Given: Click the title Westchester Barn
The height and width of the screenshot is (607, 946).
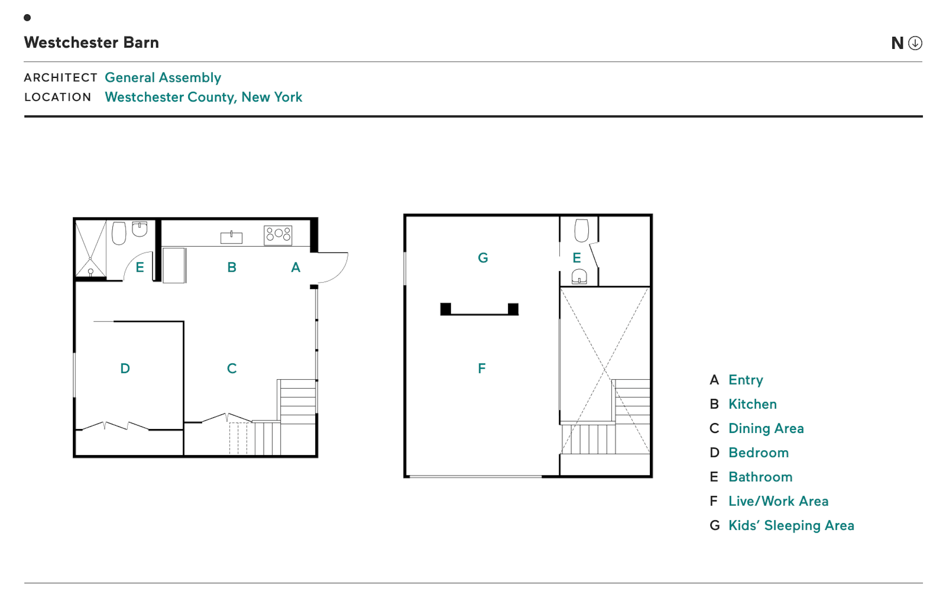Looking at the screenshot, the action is tap(91, 42).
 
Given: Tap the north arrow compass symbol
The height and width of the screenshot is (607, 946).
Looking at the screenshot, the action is tap(915, 43).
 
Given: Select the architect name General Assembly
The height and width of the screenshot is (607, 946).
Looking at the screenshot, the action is tap(163, 77).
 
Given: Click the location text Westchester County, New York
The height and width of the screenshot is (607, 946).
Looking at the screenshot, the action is tap(203, 97).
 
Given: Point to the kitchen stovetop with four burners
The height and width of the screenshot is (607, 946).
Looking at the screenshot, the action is tap(278, 235).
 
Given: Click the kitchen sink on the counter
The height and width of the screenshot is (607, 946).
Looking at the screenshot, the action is tap(231, 238).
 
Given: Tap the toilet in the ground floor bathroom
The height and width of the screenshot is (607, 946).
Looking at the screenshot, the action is tap(119, 233).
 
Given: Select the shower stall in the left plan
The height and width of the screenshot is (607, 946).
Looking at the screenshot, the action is tap(91, 249).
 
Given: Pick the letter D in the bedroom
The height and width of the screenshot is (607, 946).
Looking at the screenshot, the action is tap(125, 368).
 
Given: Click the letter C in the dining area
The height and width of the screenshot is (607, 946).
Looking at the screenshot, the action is tap(232, 368).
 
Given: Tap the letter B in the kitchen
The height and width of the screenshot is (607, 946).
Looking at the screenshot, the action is tap(232, 267).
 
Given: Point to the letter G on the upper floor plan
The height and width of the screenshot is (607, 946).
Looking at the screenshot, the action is tap(483, 257).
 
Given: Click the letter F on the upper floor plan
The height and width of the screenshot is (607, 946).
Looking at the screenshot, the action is tap(482, 368).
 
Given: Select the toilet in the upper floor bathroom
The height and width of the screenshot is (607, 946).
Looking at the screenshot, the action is tap(581, 230).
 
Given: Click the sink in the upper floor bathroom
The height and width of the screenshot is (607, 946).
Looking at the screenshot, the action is tap(579, 277).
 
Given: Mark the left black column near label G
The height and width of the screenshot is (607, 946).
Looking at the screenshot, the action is tap(445, 309).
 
